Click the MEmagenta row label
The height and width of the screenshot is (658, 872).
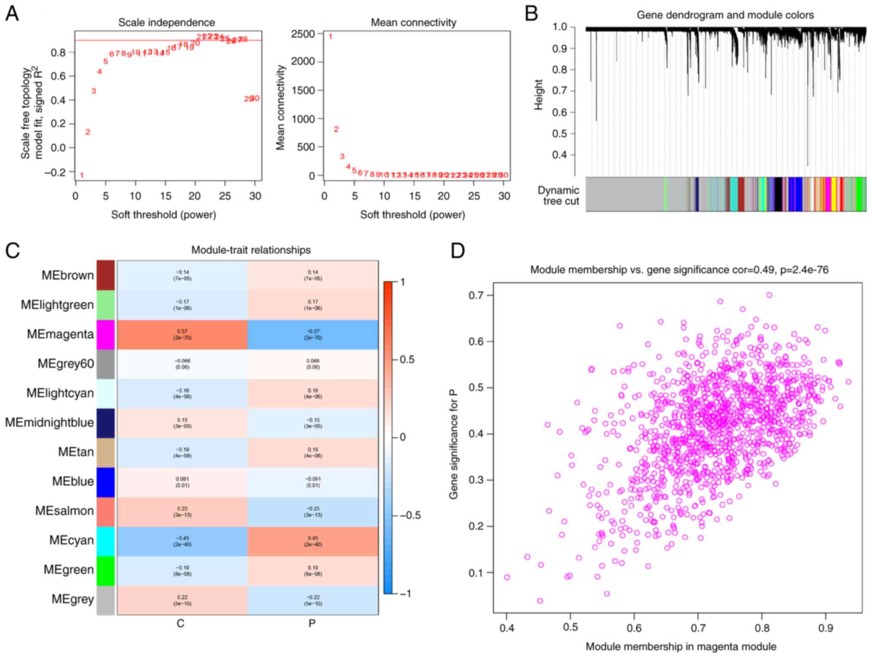point(60,334)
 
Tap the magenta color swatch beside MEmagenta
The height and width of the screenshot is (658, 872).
point(106,334)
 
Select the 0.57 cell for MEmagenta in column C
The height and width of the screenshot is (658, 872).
point(182,334)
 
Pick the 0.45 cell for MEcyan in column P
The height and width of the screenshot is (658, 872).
point(313,541)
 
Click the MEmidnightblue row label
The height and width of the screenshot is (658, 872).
point(49,423)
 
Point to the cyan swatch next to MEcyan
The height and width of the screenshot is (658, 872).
point(106,541)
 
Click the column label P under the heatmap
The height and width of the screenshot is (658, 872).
point(312,623)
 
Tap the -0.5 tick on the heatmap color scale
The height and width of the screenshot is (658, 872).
point(410,515)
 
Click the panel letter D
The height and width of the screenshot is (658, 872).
point(457,250)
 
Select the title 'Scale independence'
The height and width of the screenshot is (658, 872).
point(167,22)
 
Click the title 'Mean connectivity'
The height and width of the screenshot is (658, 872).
point(413,22)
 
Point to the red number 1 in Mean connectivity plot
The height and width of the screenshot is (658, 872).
point(330,37)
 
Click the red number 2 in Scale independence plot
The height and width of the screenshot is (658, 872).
point(88,132)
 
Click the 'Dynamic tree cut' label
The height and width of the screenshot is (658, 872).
point(558,195)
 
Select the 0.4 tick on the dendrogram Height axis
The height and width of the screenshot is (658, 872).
point(560,155)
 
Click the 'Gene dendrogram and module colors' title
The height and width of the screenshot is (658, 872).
point(725,15)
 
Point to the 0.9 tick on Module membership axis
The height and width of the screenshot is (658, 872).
point(825,628)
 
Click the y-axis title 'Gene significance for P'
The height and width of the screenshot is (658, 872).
point(453,445)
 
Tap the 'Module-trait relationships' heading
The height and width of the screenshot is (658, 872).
point(251,250)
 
